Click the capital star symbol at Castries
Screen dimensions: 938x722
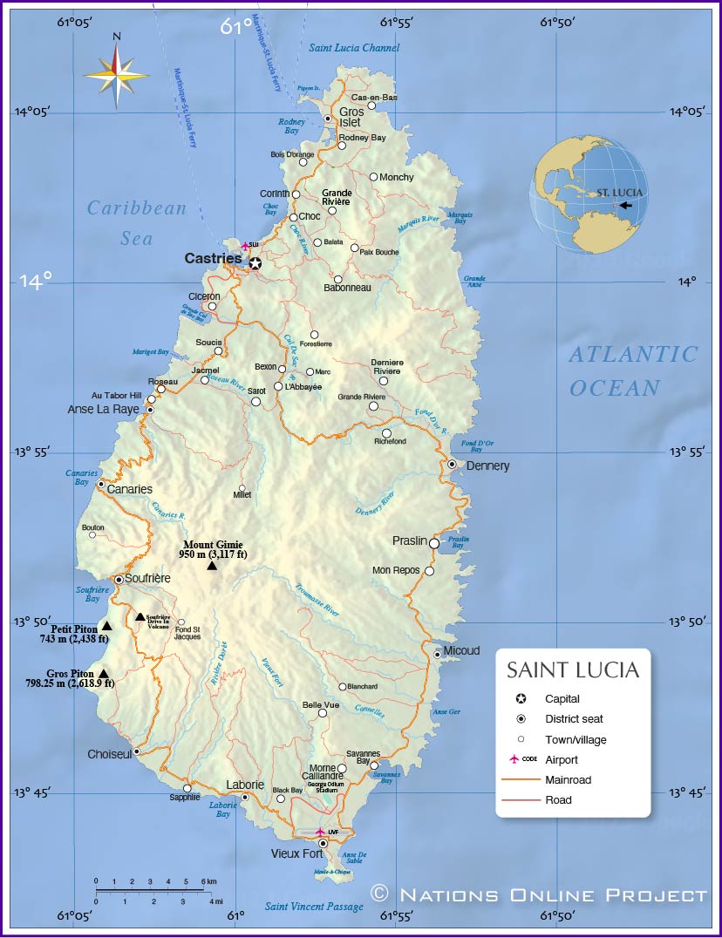[x=255, y=263]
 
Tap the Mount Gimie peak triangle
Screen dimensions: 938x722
[x=212, y=566]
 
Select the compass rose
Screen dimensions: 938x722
[x=117, y=72]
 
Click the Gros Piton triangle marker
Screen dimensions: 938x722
[x=104, y=673]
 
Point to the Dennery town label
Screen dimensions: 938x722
[x=487, y=466]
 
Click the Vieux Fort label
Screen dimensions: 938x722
[x=297, y=854]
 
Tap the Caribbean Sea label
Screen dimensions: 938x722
[x=137, y=222]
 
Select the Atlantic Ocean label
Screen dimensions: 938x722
[x=633, y=370]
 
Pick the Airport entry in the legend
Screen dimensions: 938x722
[x=562, y=760]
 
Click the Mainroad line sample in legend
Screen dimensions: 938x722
[x=521, y=780]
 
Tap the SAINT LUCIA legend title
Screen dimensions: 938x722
[x=573, y=670]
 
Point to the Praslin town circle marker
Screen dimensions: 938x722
[x=434, y=543]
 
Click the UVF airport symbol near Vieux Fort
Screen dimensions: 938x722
[x=320, y=832]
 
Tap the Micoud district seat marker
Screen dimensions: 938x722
[x=438, y=654]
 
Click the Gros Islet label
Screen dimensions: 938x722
[x=351, y=117]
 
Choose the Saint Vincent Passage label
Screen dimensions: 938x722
[x=314, y=907]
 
